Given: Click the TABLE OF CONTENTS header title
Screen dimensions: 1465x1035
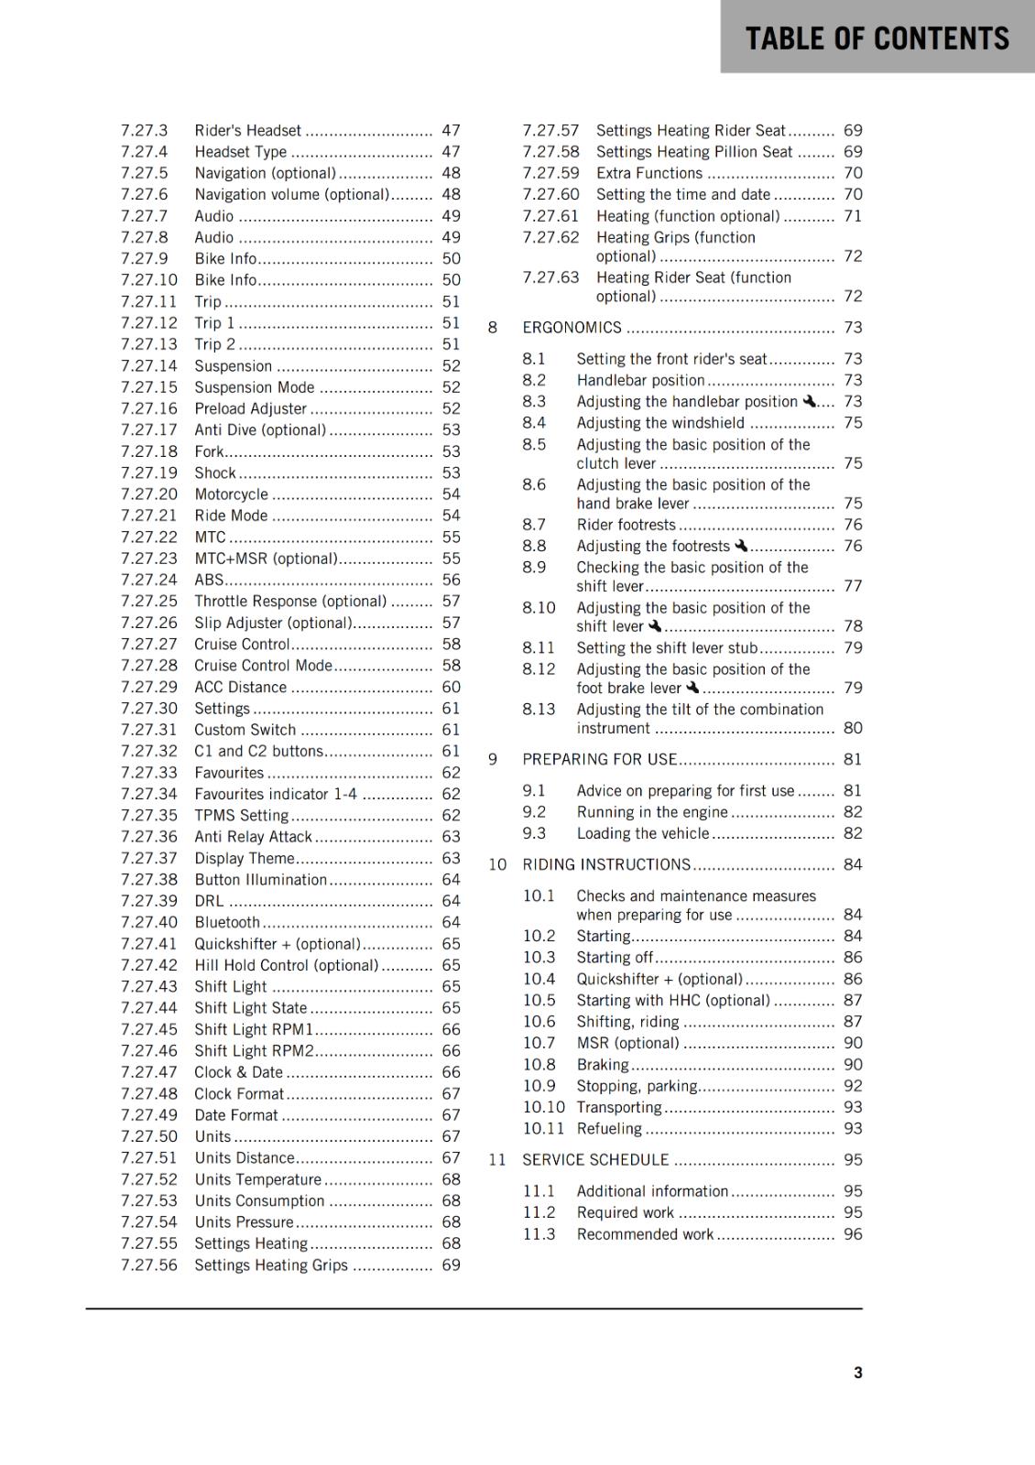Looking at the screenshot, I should (x=877, y=38).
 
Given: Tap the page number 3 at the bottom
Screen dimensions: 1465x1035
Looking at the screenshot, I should (x=857, y=1373).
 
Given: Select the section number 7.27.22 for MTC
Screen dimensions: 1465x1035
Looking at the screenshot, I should (x=148, y=537).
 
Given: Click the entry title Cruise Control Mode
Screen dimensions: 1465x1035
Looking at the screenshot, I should (x=263, y=666).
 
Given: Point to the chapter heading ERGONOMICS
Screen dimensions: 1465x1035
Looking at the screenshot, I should (x=572, y=328).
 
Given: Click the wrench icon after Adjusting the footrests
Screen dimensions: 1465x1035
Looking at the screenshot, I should (x=741, y=546).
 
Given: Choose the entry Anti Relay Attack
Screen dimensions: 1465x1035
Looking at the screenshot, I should (x=253, y=837).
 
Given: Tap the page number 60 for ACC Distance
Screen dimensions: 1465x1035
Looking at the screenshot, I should (x=451, y=687).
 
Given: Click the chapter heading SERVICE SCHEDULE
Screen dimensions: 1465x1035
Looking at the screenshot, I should (x=595, y=1160).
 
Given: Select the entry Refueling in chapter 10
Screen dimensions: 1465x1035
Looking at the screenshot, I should (x=609, y=1129).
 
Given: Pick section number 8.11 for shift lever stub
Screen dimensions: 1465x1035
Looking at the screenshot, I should (x=539, y=648).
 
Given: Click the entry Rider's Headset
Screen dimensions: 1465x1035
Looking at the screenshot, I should (x=247, y=131).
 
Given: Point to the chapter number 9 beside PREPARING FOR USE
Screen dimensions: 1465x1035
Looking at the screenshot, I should (x=493, y=759).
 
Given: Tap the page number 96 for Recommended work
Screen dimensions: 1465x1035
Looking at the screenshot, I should (x=853, y=1234).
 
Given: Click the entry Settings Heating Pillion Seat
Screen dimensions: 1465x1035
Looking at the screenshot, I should (x=694, y=152).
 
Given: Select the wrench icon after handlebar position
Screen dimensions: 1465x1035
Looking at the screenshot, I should (x=809, y=401).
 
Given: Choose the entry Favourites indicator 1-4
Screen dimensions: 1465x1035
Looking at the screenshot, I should (x=276, y=794).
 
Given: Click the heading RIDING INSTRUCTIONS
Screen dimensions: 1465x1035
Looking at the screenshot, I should (x=606, y=864).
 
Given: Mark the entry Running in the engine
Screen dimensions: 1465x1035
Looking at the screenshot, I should (x=651, y=812).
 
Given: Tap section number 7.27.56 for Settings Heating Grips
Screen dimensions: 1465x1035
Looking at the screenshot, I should (x=148, y=1265).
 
